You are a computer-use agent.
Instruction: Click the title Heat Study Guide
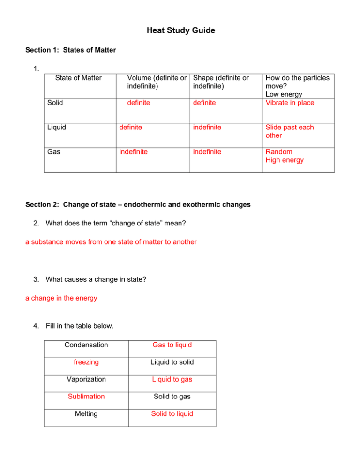click(x=180, y=31)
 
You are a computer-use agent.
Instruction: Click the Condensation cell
click(x=86, y=345)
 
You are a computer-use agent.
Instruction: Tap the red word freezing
click(x=86, y=362)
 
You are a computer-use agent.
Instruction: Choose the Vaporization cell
click(x=86, y=379)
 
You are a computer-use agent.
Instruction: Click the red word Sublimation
click(x=86, y=397)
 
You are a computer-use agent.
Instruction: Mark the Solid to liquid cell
click(x=172, y=414)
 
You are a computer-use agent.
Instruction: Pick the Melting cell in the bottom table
click(x=86, y=414)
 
